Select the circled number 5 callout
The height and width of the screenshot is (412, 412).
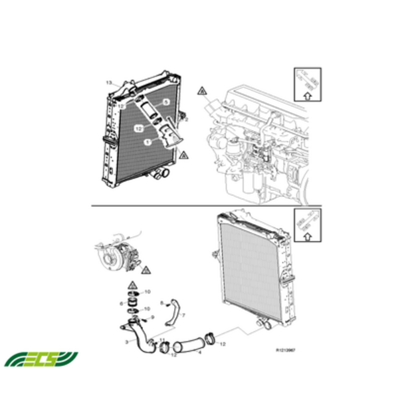[166, 102]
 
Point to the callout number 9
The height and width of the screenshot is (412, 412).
[154, 318]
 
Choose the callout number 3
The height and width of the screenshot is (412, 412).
[126, 342]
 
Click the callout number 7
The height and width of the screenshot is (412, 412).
[183, 314]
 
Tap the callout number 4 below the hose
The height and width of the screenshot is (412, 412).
[199, 353]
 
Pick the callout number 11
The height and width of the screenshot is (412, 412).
[161, 340]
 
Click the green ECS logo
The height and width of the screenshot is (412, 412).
[41, 359]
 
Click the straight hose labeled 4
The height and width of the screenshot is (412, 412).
[193, 344]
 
